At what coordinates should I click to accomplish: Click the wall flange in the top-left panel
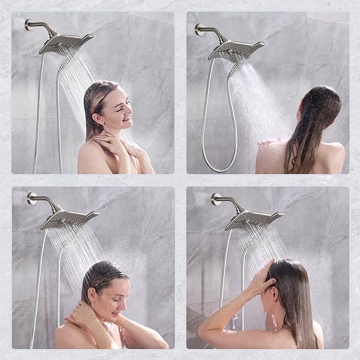(28, 24)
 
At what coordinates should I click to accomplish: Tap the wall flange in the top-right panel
(198, 30)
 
